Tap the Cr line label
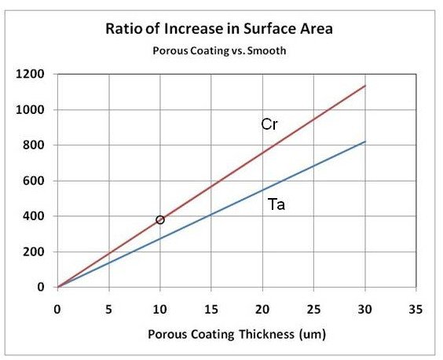point(269,124)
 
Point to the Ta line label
point(276,208)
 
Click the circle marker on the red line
point(160,220)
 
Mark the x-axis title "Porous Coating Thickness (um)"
point(236,333)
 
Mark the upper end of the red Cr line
point(365,86)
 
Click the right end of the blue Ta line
point(365,141)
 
